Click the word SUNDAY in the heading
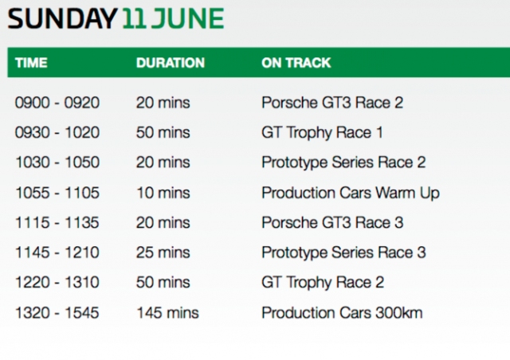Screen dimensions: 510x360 coord(62,18)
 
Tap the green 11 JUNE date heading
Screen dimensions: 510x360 coord(173,18)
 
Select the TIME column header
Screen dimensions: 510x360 coord(31,63)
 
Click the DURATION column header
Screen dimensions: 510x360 coord(171,63)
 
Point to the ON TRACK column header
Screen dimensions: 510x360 coord(296,63)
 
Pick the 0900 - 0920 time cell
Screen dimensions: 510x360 coord(57,103)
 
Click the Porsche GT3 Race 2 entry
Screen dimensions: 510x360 coord(332,103)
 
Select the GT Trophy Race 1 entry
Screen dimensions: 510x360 coord(322,133)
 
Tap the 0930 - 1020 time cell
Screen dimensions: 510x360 coord(57,133)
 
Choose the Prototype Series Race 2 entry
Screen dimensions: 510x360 coord(343,162)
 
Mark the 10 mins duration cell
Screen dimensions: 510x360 coord(163,193)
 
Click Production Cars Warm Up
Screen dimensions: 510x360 coord(351,193)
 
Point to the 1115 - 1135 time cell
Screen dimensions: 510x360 coord(57,223)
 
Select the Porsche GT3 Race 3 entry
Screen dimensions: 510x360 coord(332,223)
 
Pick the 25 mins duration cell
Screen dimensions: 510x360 coord(163,252)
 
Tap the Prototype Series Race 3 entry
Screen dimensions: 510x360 coord(343,252)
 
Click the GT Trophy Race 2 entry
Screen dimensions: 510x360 coord(323,282)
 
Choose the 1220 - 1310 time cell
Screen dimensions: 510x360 coord(57,282)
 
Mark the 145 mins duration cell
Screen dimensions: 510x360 coord(167,313)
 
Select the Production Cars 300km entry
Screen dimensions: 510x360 coord(342,313)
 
